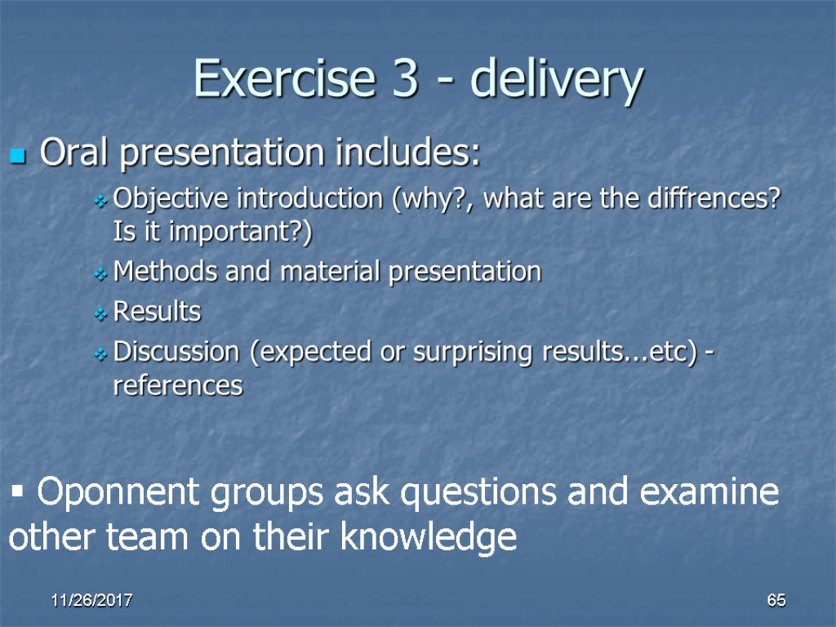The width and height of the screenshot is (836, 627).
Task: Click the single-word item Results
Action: pos(157,311)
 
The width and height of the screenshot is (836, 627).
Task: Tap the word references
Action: pos(178,385)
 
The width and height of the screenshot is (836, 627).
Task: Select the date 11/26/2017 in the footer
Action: pos(92,601)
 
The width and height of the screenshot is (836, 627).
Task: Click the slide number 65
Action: pos(776,601)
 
